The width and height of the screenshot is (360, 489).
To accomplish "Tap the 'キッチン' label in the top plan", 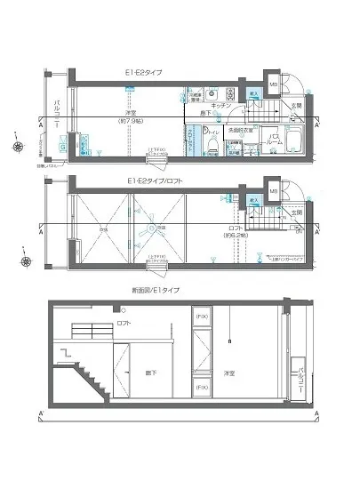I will pos(222,105).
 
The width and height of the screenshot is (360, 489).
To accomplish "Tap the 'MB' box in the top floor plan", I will pos(273,86).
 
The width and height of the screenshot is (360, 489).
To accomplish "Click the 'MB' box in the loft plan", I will pos(273,190).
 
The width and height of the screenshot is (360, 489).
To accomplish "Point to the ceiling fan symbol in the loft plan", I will pos(152,228).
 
